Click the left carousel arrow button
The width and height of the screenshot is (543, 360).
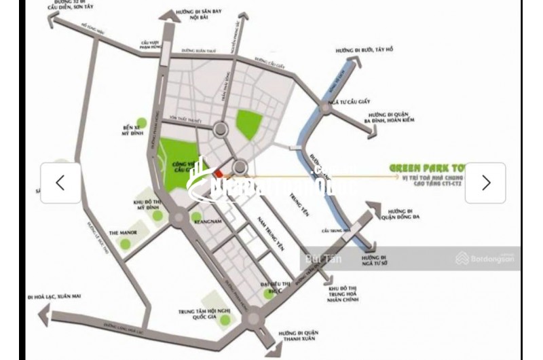point(60,183)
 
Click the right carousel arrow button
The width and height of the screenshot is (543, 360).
point(485,183)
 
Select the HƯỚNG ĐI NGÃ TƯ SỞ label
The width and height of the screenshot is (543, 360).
point(375,264)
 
